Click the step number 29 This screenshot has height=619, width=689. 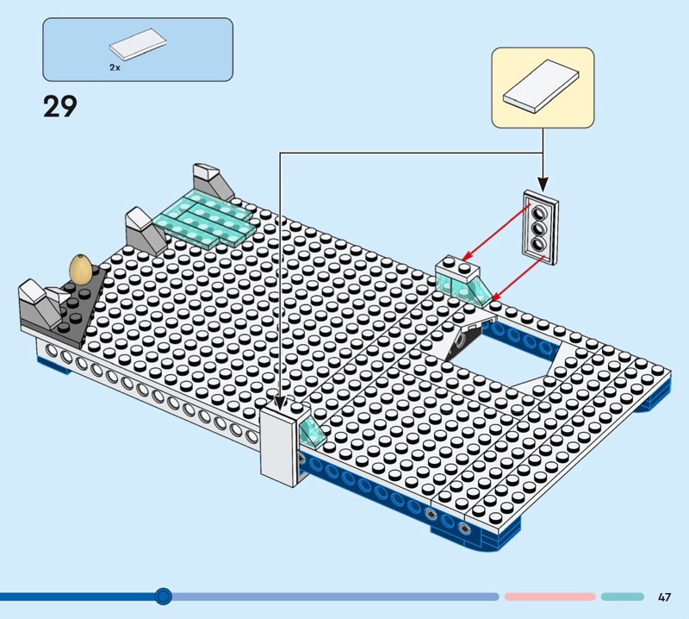(59, 107)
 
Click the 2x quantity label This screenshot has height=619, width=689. (115, 66)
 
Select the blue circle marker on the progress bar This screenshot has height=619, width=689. (164, 596)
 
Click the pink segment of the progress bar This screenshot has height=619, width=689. (549, 597)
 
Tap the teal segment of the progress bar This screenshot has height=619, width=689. (622, 597)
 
